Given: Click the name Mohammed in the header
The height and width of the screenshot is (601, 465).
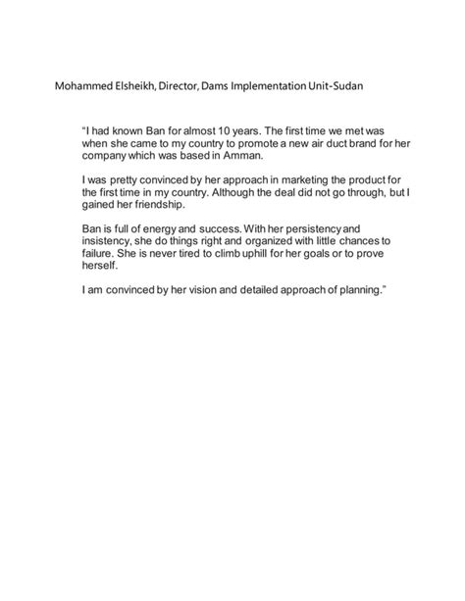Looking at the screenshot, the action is [x=84, y=88].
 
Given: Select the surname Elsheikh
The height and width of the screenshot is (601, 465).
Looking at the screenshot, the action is [x=141, y=88].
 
